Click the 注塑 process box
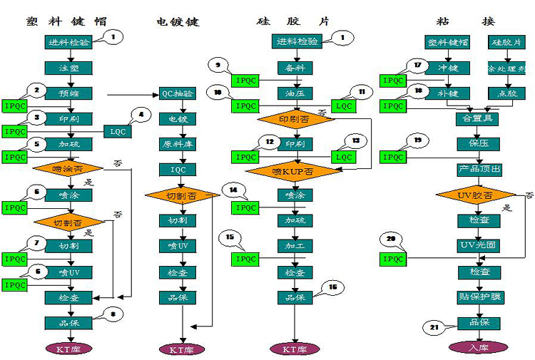pos(68,68)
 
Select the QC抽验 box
pos(178,93)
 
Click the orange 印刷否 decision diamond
pos(295,118)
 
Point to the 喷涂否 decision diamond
pos(68,168)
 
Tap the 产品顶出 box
pos(479,169)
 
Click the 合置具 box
pos(478,118)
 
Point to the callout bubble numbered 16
pos(332,287)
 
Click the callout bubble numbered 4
pos(141,113)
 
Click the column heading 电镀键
pos(178,23)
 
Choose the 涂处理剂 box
pos(506,68)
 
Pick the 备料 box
pos(295,68)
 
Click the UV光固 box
pos(478,245)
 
